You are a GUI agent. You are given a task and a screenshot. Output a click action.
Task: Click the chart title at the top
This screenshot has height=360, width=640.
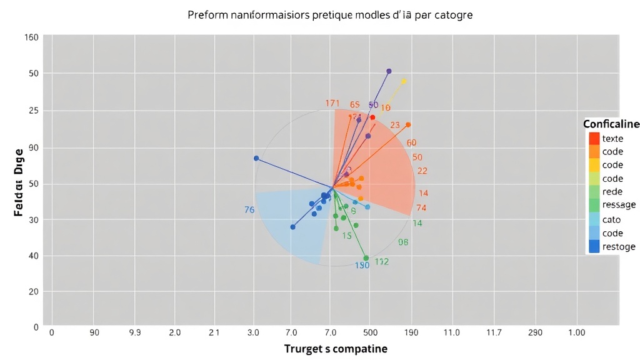point(329,14)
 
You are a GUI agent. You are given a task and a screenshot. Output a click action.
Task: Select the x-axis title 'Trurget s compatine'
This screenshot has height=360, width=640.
point(336,349)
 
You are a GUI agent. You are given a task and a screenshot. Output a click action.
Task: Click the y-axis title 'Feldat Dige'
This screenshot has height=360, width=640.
point(19,182)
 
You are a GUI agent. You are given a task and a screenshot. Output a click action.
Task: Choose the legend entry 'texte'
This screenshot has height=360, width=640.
point(612,139)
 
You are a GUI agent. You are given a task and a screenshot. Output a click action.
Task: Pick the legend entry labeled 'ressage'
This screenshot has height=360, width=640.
point(618,204)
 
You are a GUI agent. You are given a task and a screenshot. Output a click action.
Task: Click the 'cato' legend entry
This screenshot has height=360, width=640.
point(611,219)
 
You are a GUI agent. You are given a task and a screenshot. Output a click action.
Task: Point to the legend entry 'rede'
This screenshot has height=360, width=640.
point(612,191)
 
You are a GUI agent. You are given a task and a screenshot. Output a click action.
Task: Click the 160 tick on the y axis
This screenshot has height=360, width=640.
point(31,37)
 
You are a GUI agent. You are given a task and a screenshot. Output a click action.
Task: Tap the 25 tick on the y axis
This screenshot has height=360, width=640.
point(33,111)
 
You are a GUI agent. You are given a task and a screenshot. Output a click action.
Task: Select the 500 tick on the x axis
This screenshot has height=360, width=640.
point(369,332)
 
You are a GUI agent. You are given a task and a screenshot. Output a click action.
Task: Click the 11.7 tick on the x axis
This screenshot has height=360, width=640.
point(493,332)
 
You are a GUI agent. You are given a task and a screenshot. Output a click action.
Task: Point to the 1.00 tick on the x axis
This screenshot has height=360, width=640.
point(576,332)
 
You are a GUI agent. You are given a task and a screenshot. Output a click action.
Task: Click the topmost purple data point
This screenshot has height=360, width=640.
point(389,71)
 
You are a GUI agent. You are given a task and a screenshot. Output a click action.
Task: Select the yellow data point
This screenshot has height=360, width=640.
point(404,81)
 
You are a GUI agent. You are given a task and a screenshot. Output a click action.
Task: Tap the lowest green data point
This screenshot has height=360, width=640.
point(366,258)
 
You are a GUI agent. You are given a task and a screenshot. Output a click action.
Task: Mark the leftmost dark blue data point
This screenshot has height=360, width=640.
point(256,158)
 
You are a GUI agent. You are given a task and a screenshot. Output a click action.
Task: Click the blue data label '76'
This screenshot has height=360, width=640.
point(249,210)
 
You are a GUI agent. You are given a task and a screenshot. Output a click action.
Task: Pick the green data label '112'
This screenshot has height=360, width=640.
point(382,262)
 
